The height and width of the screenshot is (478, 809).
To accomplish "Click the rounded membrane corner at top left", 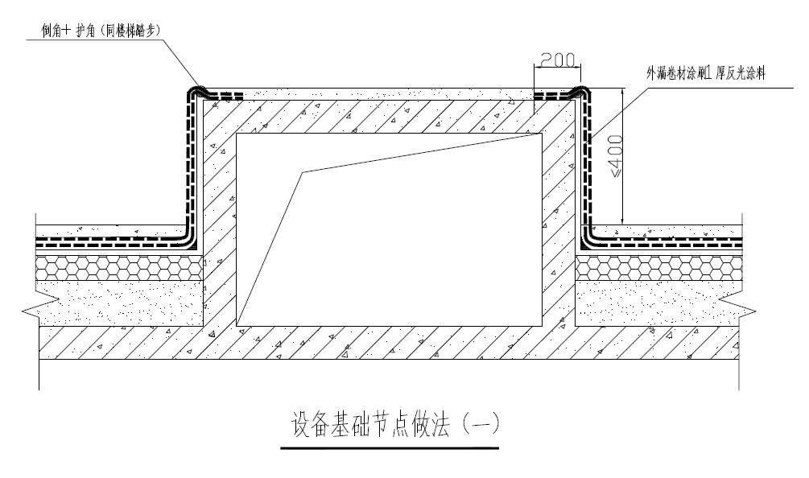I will pos(196,91).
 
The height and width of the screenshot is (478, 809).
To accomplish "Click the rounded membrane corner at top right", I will pos(580,91).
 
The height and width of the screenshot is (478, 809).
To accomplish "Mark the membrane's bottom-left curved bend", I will pos(190,239).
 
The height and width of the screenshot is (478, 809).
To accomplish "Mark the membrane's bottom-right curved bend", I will pos(586,239).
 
